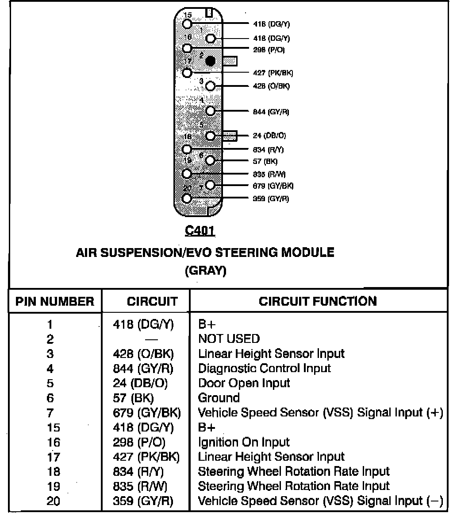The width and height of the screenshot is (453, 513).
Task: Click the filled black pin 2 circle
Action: [211, 61]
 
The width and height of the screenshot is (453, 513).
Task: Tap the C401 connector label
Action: [200, 231]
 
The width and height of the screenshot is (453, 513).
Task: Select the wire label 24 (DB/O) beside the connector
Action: [269, 136]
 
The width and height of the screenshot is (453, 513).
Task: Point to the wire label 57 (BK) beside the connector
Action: [265, 161]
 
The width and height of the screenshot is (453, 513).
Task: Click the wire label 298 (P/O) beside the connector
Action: [269, 50]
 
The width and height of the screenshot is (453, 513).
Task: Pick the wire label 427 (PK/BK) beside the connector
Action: [273, 73]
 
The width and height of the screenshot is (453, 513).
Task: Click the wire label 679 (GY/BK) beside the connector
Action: [273, 186]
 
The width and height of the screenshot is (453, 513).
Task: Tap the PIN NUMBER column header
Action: [55, 302]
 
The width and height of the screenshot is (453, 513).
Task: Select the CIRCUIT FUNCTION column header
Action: [318, 302]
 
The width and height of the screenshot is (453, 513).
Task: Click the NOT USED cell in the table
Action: [229, 339]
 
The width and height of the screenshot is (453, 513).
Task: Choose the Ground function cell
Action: [219, 398]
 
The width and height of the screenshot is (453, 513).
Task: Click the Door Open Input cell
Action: [244, 383]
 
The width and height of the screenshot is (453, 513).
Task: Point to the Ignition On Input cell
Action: [244, 442]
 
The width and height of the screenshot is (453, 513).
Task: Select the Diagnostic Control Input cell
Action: [264, 369]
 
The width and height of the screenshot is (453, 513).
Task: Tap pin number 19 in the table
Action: [53, 486]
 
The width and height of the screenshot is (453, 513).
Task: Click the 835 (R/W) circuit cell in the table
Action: [141, 486]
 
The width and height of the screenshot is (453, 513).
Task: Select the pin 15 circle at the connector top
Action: [187, 24]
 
